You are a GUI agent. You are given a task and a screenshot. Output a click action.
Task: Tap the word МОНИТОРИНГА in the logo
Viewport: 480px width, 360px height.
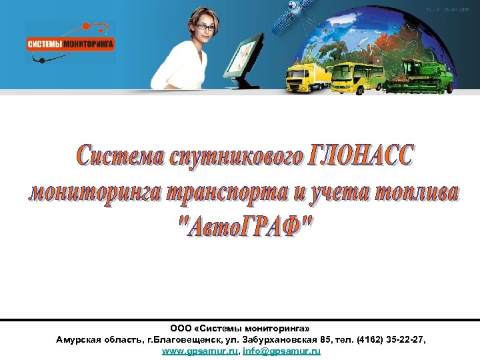89,45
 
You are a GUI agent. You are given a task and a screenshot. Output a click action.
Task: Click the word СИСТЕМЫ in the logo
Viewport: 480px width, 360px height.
45,45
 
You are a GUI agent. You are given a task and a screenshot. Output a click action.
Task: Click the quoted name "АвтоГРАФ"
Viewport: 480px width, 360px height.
246,230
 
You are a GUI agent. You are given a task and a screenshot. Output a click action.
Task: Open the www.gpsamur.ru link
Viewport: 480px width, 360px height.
199,351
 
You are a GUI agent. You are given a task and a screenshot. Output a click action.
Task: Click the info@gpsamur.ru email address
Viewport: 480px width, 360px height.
282,351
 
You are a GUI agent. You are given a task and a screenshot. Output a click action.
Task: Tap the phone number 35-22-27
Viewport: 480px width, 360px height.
400,340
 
